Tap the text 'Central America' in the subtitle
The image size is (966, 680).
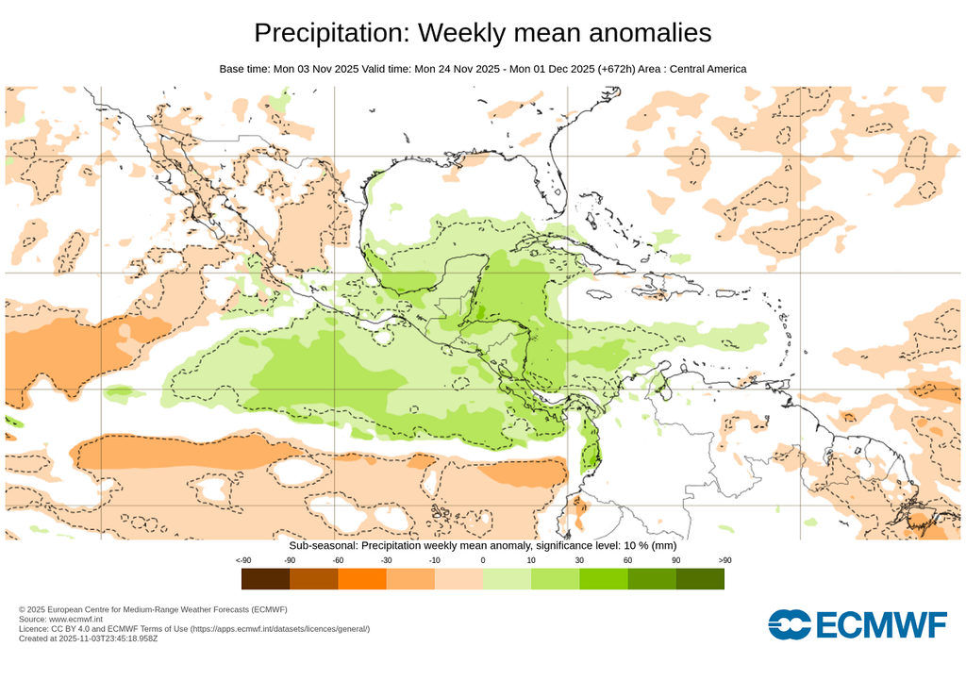(708, 69)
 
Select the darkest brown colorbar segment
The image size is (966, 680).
(265, 578)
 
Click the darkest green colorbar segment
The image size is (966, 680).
(700, 578)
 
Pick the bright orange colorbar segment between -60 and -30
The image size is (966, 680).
(362, 578)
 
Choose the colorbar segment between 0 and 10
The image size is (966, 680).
(507, 578)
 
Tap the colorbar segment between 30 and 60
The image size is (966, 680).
(603, 578)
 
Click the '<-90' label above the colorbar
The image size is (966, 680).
(242, 561)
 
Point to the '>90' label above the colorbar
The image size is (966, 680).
(724, 561)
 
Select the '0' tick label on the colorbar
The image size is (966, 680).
(483, 561)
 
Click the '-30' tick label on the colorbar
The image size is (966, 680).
(386, 561)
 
